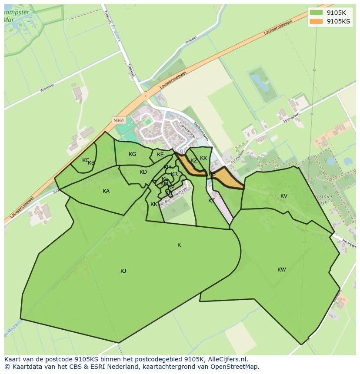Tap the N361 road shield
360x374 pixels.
click(118, 120)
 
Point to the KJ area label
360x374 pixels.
click(123, 271)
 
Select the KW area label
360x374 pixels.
click(282, 270)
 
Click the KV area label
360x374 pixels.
click(284, 196)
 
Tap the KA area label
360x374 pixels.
click(106, 191)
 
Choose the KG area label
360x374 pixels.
click(133, 154)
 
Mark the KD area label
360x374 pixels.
click(143, 172)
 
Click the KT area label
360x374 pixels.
click(211, 201)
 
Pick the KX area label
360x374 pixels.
click(203, 158)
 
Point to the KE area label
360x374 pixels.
click(160, 155)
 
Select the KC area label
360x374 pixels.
click(86, 160)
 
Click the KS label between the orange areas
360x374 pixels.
click(212, 174)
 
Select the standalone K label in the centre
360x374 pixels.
click(179, 245)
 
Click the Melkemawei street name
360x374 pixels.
click(201, 131)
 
